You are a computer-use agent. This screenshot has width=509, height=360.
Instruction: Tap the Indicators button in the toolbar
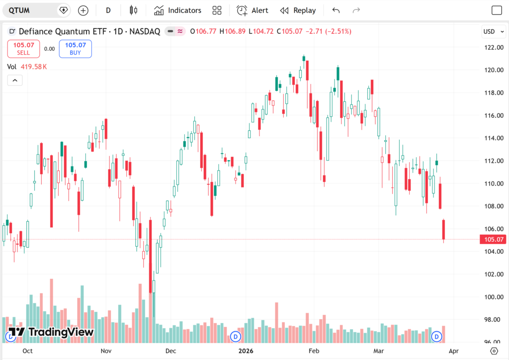(x=177, y=10)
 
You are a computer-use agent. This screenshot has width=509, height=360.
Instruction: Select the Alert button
(x=253, y=10)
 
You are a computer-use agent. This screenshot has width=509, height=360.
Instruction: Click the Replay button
(x=298, y=10)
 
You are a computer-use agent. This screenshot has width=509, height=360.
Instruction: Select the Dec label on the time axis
(x=170, y=351)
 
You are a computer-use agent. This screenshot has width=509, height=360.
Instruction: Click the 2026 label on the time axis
(x=246, y=351)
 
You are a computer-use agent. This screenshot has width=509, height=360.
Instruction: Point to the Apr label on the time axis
(x=453, y=351)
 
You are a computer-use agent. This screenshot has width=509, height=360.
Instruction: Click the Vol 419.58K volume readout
(x=27, y=67)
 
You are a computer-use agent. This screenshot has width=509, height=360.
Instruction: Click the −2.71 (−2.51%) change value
(x=328, y=31)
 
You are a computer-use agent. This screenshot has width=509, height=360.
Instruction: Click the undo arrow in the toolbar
(x=336, y=10)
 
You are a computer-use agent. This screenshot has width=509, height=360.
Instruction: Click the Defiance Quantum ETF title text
(x=64, y=31)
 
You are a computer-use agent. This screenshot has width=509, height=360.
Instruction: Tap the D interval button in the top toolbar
(x=108, y=10)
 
